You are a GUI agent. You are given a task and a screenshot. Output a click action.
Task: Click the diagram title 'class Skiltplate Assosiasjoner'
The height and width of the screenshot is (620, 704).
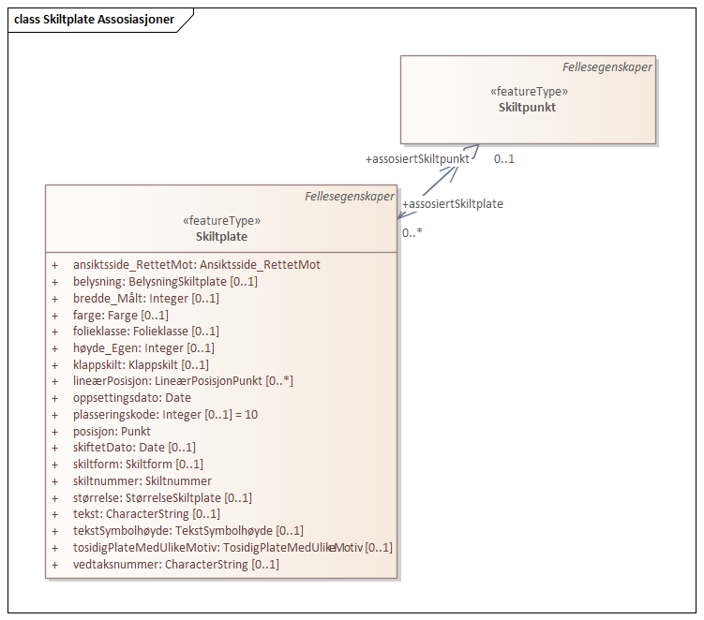tap(95, 20)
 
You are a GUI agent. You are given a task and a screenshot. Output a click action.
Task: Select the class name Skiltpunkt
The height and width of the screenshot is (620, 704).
tap(528, 108)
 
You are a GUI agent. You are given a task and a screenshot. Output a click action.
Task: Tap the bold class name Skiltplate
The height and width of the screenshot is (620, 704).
tap(221, 237)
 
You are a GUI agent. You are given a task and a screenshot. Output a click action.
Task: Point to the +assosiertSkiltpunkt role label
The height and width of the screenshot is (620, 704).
tap(417, 159)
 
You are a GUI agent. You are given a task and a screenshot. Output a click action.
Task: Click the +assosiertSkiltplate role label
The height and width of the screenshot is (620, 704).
tap(453, 204)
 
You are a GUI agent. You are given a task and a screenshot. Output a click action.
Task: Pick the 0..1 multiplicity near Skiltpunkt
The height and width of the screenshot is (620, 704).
tap(504, 159)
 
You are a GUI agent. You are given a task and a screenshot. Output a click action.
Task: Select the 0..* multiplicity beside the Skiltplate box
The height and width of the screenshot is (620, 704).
tap(412, 232)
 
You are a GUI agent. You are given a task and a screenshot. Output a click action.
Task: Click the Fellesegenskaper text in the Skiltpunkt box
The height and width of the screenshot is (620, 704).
tap(607, 67)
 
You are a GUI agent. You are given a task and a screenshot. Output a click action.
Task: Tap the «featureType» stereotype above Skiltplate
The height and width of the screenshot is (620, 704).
tap(221, 221)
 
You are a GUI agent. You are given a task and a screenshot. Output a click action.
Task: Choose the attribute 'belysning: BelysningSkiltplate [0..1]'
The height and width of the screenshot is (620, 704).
tap(165, 282)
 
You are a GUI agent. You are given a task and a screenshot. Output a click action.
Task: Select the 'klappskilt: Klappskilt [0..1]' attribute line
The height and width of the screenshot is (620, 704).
tap(141, 364)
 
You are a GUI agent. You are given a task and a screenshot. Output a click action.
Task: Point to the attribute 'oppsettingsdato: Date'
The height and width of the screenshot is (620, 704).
tap(132, 398)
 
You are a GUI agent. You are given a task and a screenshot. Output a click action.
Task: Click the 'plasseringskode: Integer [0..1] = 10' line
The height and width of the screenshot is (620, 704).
tap(165, 414)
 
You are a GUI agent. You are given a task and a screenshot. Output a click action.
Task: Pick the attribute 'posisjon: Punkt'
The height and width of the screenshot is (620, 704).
tap(112, 431)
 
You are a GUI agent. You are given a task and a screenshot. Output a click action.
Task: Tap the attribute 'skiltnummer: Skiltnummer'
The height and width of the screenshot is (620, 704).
tap(142, 481)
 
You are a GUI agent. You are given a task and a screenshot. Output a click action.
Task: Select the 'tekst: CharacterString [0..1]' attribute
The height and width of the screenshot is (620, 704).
tap(147, 514)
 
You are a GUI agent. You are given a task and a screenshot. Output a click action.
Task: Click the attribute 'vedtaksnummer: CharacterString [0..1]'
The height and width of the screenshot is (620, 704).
tap(176, 565)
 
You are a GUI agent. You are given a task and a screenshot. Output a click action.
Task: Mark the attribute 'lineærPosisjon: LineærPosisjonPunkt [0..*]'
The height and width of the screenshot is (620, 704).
tap(184, 381)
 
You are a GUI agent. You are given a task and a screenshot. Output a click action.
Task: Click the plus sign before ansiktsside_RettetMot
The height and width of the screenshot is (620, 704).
tap(55, 265)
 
